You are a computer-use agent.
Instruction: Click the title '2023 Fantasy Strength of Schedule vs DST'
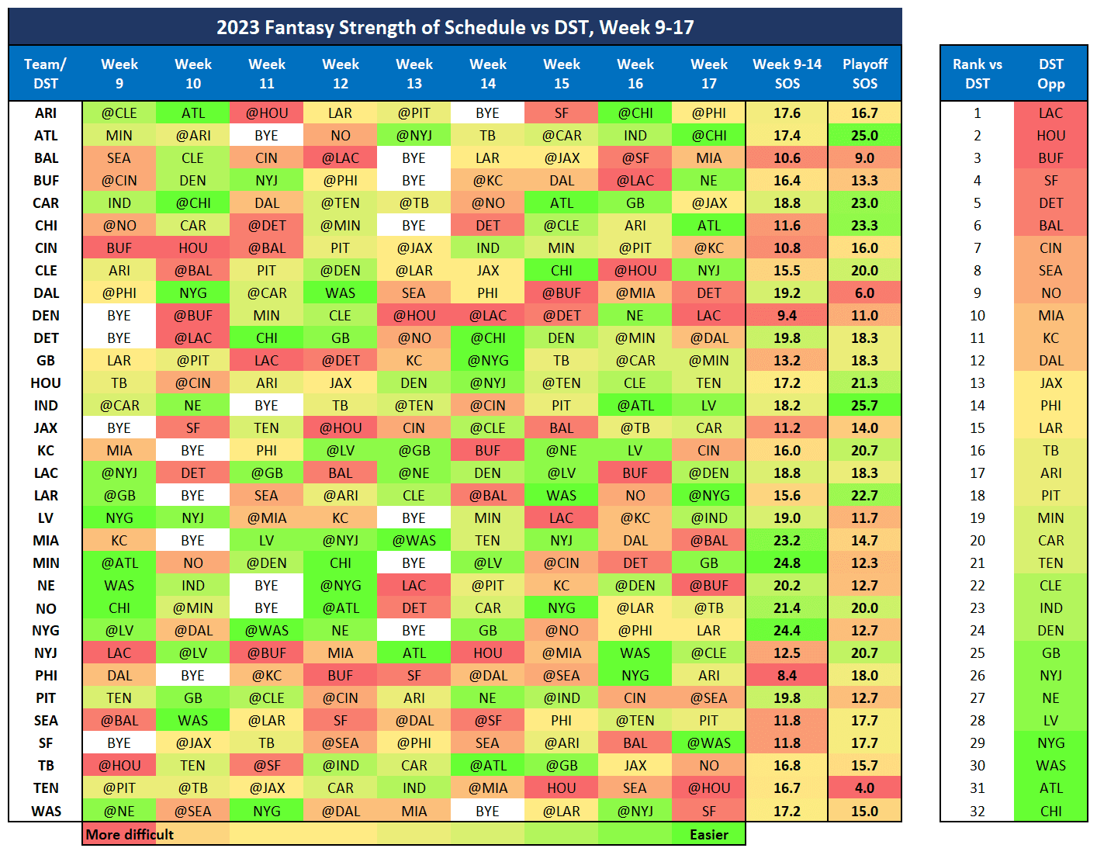(455, 27)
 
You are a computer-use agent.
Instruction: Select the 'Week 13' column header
(414, 74)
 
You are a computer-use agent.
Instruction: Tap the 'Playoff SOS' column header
(864, 74)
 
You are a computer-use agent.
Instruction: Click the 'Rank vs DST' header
(977, 74)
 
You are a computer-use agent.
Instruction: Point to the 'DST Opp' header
(1050, 74)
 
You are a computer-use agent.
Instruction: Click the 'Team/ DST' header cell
(45, 74)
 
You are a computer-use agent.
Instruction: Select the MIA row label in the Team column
(46, 541)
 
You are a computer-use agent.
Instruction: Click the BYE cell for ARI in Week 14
(487, 113)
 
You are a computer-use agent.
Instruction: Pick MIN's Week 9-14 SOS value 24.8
(787, 563)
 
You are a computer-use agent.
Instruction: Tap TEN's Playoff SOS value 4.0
(864, 788)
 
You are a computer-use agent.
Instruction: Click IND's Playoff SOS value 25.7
(864, 406)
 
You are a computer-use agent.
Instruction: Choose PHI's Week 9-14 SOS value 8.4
(787, 676)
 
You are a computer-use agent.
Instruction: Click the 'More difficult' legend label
(130, 835)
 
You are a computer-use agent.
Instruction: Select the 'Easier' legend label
(708, 835)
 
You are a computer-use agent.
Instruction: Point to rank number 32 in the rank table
(977, 812)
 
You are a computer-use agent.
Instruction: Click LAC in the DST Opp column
(1050, 113)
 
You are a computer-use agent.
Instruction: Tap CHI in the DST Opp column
(1050, 812)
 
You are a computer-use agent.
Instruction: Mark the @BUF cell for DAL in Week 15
(561, 293)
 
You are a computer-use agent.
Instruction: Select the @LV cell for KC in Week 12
(340, 451)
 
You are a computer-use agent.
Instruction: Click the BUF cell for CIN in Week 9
(119, 248)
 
